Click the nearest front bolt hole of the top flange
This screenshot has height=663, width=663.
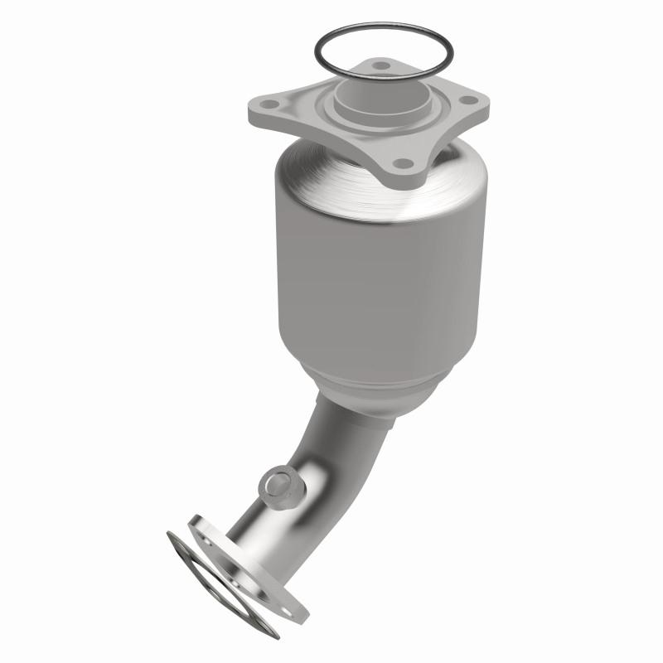[x=403, y=163]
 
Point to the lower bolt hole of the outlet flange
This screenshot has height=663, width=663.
[x=287, y=611]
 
